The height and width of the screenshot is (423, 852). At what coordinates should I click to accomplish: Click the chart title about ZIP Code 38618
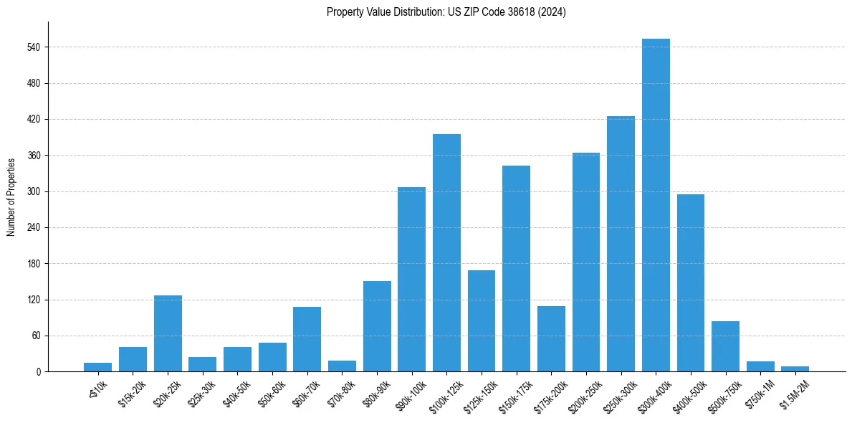[446, 12]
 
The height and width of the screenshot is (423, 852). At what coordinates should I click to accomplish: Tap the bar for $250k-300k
[621, 244]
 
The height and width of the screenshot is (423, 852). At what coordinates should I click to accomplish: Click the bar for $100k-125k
[446, 252]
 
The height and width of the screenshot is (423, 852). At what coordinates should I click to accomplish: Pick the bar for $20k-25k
[168, 333]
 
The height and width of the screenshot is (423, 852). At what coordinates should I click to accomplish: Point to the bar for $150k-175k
[516, 268]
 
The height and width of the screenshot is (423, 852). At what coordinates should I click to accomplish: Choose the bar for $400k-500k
[691, 282]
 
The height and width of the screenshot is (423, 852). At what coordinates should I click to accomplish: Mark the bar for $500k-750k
[725, 346]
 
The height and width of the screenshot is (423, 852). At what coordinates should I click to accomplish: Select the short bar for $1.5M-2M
[795, 369]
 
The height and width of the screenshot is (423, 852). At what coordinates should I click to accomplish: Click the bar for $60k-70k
[307, 339]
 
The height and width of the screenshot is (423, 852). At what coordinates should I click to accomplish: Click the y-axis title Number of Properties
[11, 196]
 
